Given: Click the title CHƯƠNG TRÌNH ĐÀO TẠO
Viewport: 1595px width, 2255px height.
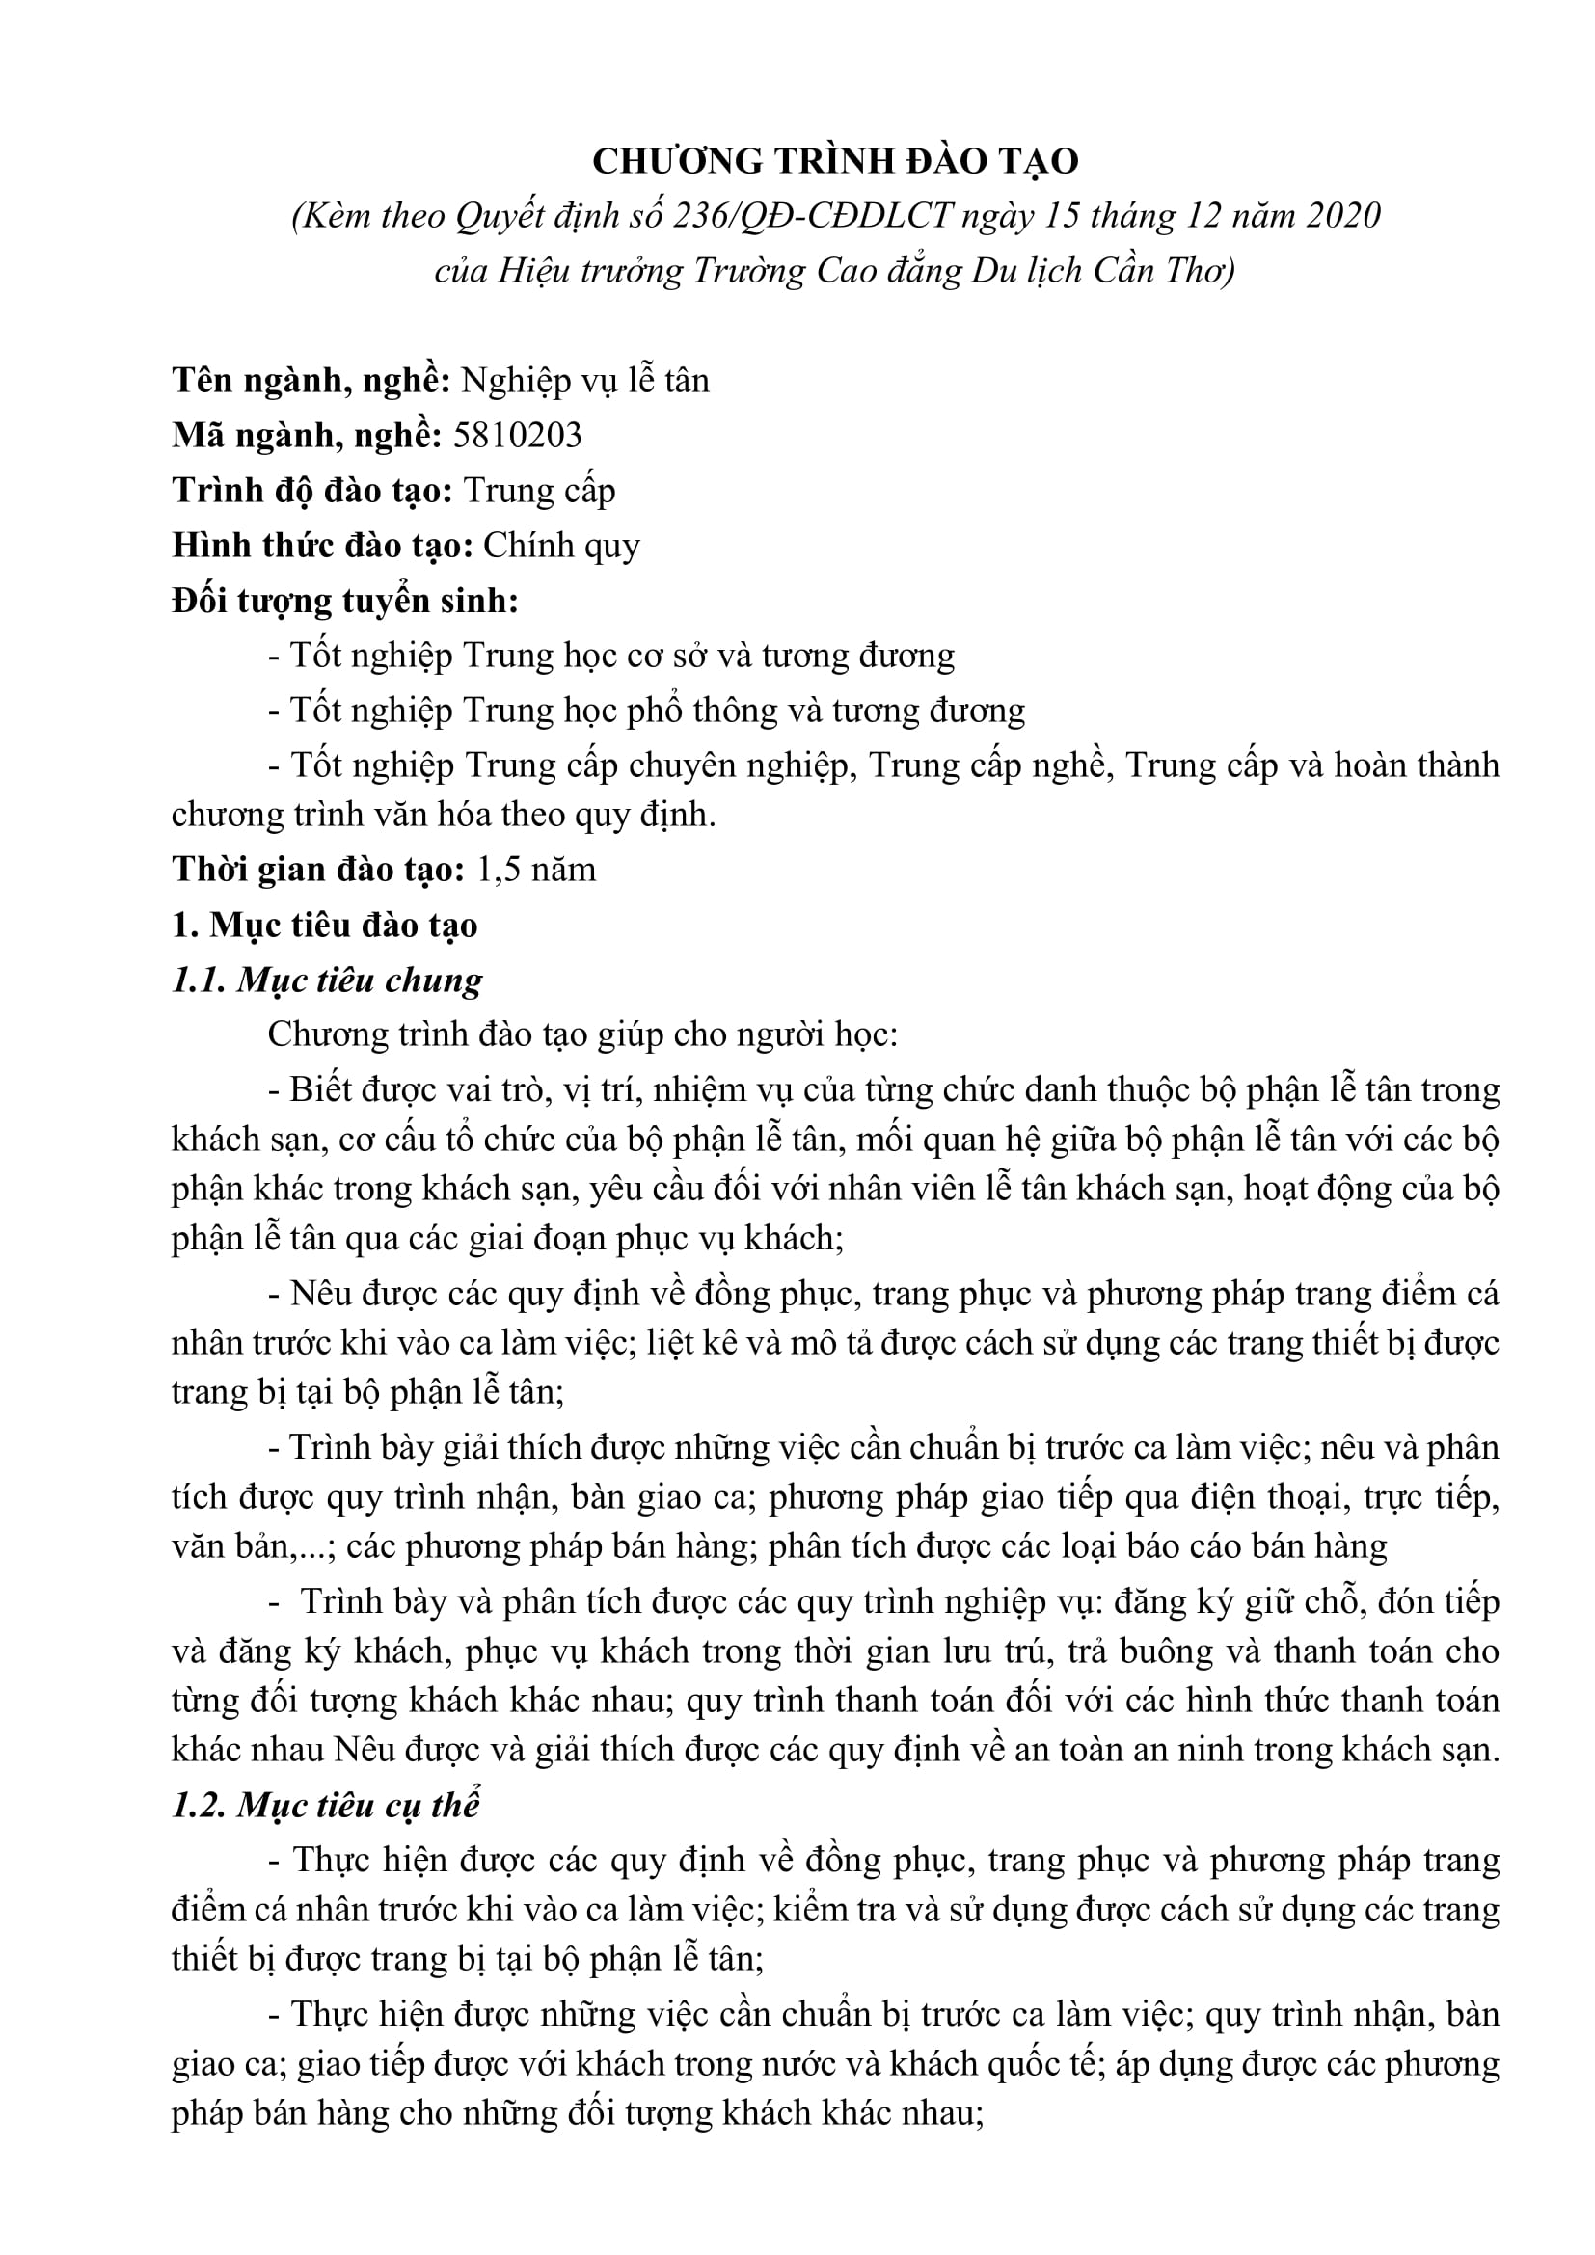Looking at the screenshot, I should [x=835, y=160].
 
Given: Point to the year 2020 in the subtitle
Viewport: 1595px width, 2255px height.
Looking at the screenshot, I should [x=1342, y=215].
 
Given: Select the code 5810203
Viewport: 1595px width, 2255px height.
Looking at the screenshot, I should [x=518, y=435].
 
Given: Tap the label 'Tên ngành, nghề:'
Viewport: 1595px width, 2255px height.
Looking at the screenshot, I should [x=311, y=380].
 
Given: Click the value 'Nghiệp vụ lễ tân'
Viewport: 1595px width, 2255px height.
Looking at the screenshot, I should [x=585, y=380].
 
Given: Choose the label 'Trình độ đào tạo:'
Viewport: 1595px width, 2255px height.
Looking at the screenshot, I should [x=311, y=490].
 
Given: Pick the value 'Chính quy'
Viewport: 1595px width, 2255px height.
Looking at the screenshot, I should [x=561, y=545].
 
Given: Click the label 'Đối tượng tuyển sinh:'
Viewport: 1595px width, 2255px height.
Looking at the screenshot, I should [x=344, y=600].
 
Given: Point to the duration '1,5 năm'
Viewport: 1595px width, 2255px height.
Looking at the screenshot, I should [x=535, y=870].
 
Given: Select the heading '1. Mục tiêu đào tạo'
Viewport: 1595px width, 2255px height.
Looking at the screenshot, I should [x=324, y=926].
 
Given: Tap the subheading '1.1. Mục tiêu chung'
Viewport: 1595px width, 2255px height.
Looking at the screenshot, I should [x=327, y=980].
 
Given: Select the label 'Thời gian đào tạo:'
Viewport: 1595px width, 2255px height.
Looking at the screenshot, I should [x=318, y=870].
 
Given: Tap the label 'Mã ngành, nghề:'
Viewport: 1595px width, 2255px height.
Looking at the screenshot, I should [x=308, y=435].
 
